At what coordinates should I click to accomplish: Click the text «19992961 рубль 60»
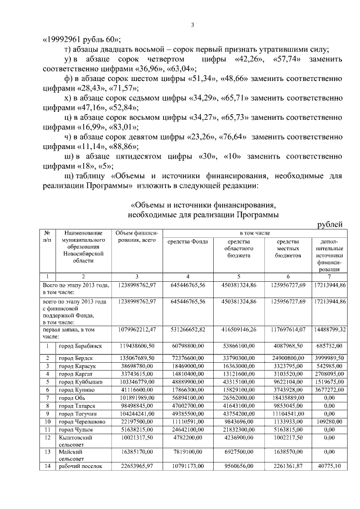point(82,39)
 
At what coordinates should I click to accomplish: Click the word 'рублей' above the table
point(330,224)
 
